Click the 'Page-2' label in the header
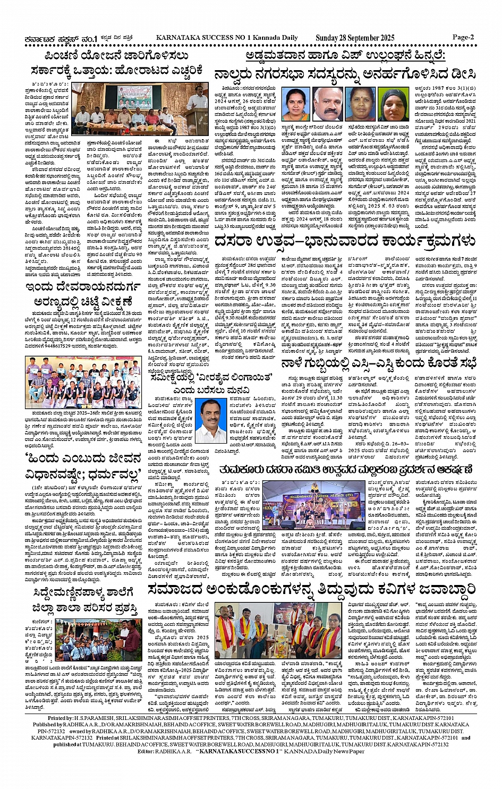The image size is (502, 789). click(x=463, y=37)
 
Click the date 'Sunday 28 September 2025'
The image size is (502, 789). click(x=355, y=38)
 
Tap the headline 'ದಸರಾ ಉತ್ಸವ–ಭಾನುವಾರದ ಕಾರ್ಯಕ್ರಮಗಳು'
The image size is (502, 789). click(x=345, y=241)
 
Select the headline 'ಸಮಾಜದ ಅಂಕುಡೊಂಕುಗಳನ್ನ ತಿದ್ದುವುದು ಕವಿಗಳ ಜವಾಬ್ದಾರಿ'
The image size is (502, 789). click(x=312, y=590)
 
